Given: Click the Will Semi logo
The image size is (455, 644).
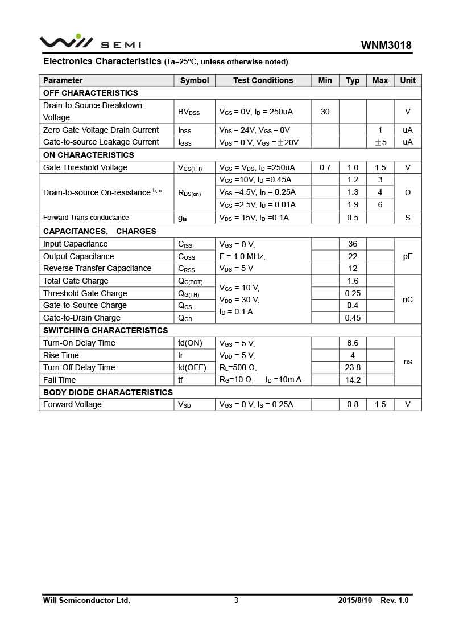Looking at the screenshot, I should pyautogui.click(x=90, y=43).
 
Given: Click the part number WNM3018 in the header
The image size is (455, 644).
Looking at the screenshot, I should pyautogui.click(x=386, y=46).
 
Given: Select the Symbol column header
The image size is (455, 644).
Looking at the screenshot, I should pyautogui.click(x=195, y=80).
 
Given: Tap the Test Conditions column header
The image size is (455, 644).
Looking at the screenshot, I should pyautogui.click(x=263, y=80).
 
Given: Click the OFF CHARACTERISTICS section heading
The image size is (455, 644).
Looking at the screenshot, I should pyautogui.click(x=90, y=93).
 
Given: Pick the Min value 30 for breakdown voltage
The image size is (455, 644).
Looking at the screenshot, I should pyautogui.click(x=325, y=112).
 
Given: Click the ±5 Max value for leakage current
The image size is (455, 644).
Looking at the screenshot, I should pyautogui.click(x=380, y=142).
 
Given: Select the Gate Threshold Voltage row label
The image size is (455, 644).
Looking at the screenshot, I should pyautogui.click(x=85, y=167).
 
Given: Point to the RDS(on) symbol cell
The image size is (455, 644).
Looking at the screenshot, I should pyautogui.click(x=189, y=193).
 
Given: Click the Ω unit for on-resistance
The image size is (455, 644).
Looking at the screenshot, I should pyautogui.click(x=408, y=192).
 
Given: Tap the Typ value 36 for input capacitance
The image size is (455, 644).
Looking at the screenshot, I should pyautogui.click(x=353, y=244).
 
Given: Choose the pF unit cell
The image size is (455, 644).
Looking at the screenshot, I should pyautogui.click(x=408, y=256).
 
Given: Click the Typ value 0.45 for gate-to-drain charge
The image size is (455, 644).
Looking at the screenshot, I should pyautogui.click(x=353, y=318).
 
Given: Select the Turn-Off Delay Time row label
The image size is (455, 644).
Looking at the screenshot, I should pyautogui.click(x=79, y=367).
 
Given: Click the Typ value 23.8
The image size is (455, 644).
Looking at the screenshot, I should pyautogui.click(x=353, y=367).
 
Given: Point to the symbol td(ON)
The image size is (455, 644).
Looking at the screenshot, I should pyautogui.click(x=190, y=343).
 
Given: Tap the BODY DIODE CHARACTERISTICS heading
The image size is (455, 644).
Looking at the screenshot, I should pyautogui.click(x=108, y=392).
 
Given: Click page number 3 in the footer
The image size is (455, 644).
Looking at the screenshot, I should pyautogui.click(x=236, y=600).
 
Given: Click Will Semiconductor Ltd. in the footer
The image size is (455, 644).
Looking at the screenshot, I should pyautogui.click(x=86, y=600).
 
